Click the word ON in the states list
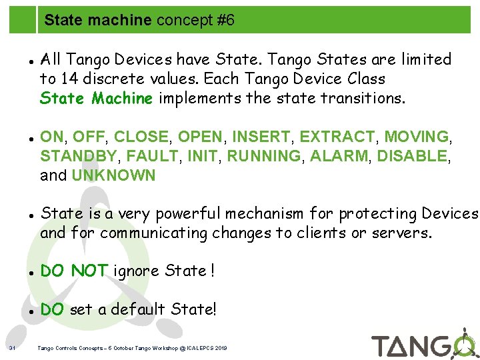tap(52, 137)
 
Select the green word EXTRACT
tap(337, 137)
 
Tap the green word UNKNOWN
tap(113, 175)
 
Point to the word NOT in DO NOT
tap(90, 271)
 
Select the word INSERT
tap(264, 137)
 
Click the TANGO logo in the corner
tap(423, 343)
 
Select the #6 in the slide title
tap(226, 21)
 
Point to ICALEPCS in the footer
tap(208, 348)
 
